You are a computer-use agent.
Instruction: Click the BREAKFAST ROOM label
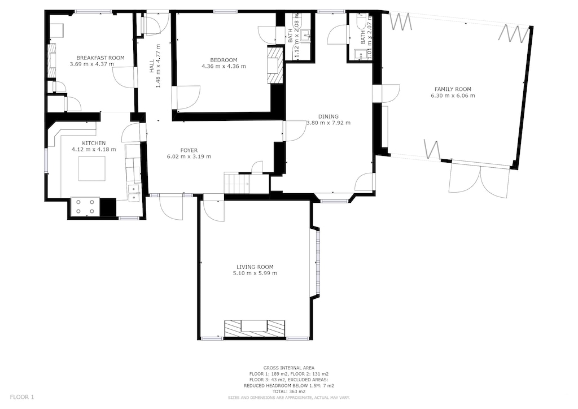click(x=100, y=58)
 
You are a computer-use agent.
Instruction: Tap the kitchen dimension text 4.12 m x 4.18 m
click(x=94, y=150)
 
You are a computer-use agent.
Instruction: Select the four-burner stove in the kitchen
click(x=85, y=207)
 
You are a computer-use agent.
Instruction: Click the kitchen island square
click(x=91, y=168)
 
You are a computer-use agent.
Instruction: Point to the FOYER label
click(x=189, y=150)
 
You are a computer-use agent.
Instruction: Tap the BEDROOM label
click(x=224, y=60)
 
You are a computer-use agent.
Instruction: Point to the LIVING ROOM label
click(x=255, y=267)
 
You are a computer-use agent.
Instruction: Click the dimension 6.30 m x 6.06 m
click(x=453, y=96)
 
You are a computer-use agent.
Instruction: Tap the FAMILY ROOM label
click(x=453, y=89)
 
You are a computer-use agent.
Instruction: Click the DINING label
click(x=328, y=116)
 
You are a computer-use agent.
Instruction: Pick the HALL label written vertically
click(x=151, y=67)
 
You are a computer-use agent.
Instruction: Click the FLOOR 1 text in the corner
click(x=22, y=397)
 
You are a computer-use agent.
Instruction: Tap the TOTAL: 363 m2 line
click(x=288, y=391)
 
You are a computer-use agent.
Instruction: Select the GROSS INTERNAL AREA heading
click(x=288, y=368)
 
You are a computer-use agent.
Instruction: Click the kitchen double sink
click(x=134, y=193)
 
